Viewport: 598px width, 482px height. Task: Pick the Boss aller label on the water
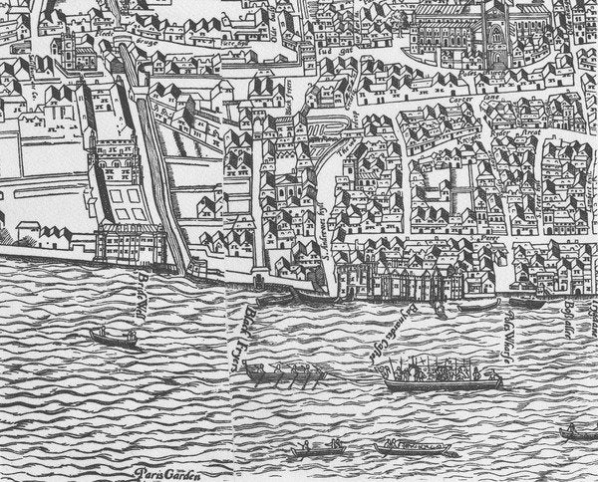(571, 318)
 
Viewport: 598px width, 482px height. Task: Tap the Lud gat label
(330, 43)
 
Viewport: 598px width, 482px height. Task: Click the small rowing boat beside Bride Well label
(114, 337)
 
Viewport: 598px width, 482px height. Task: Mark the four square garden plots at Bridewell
(125, 204)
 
